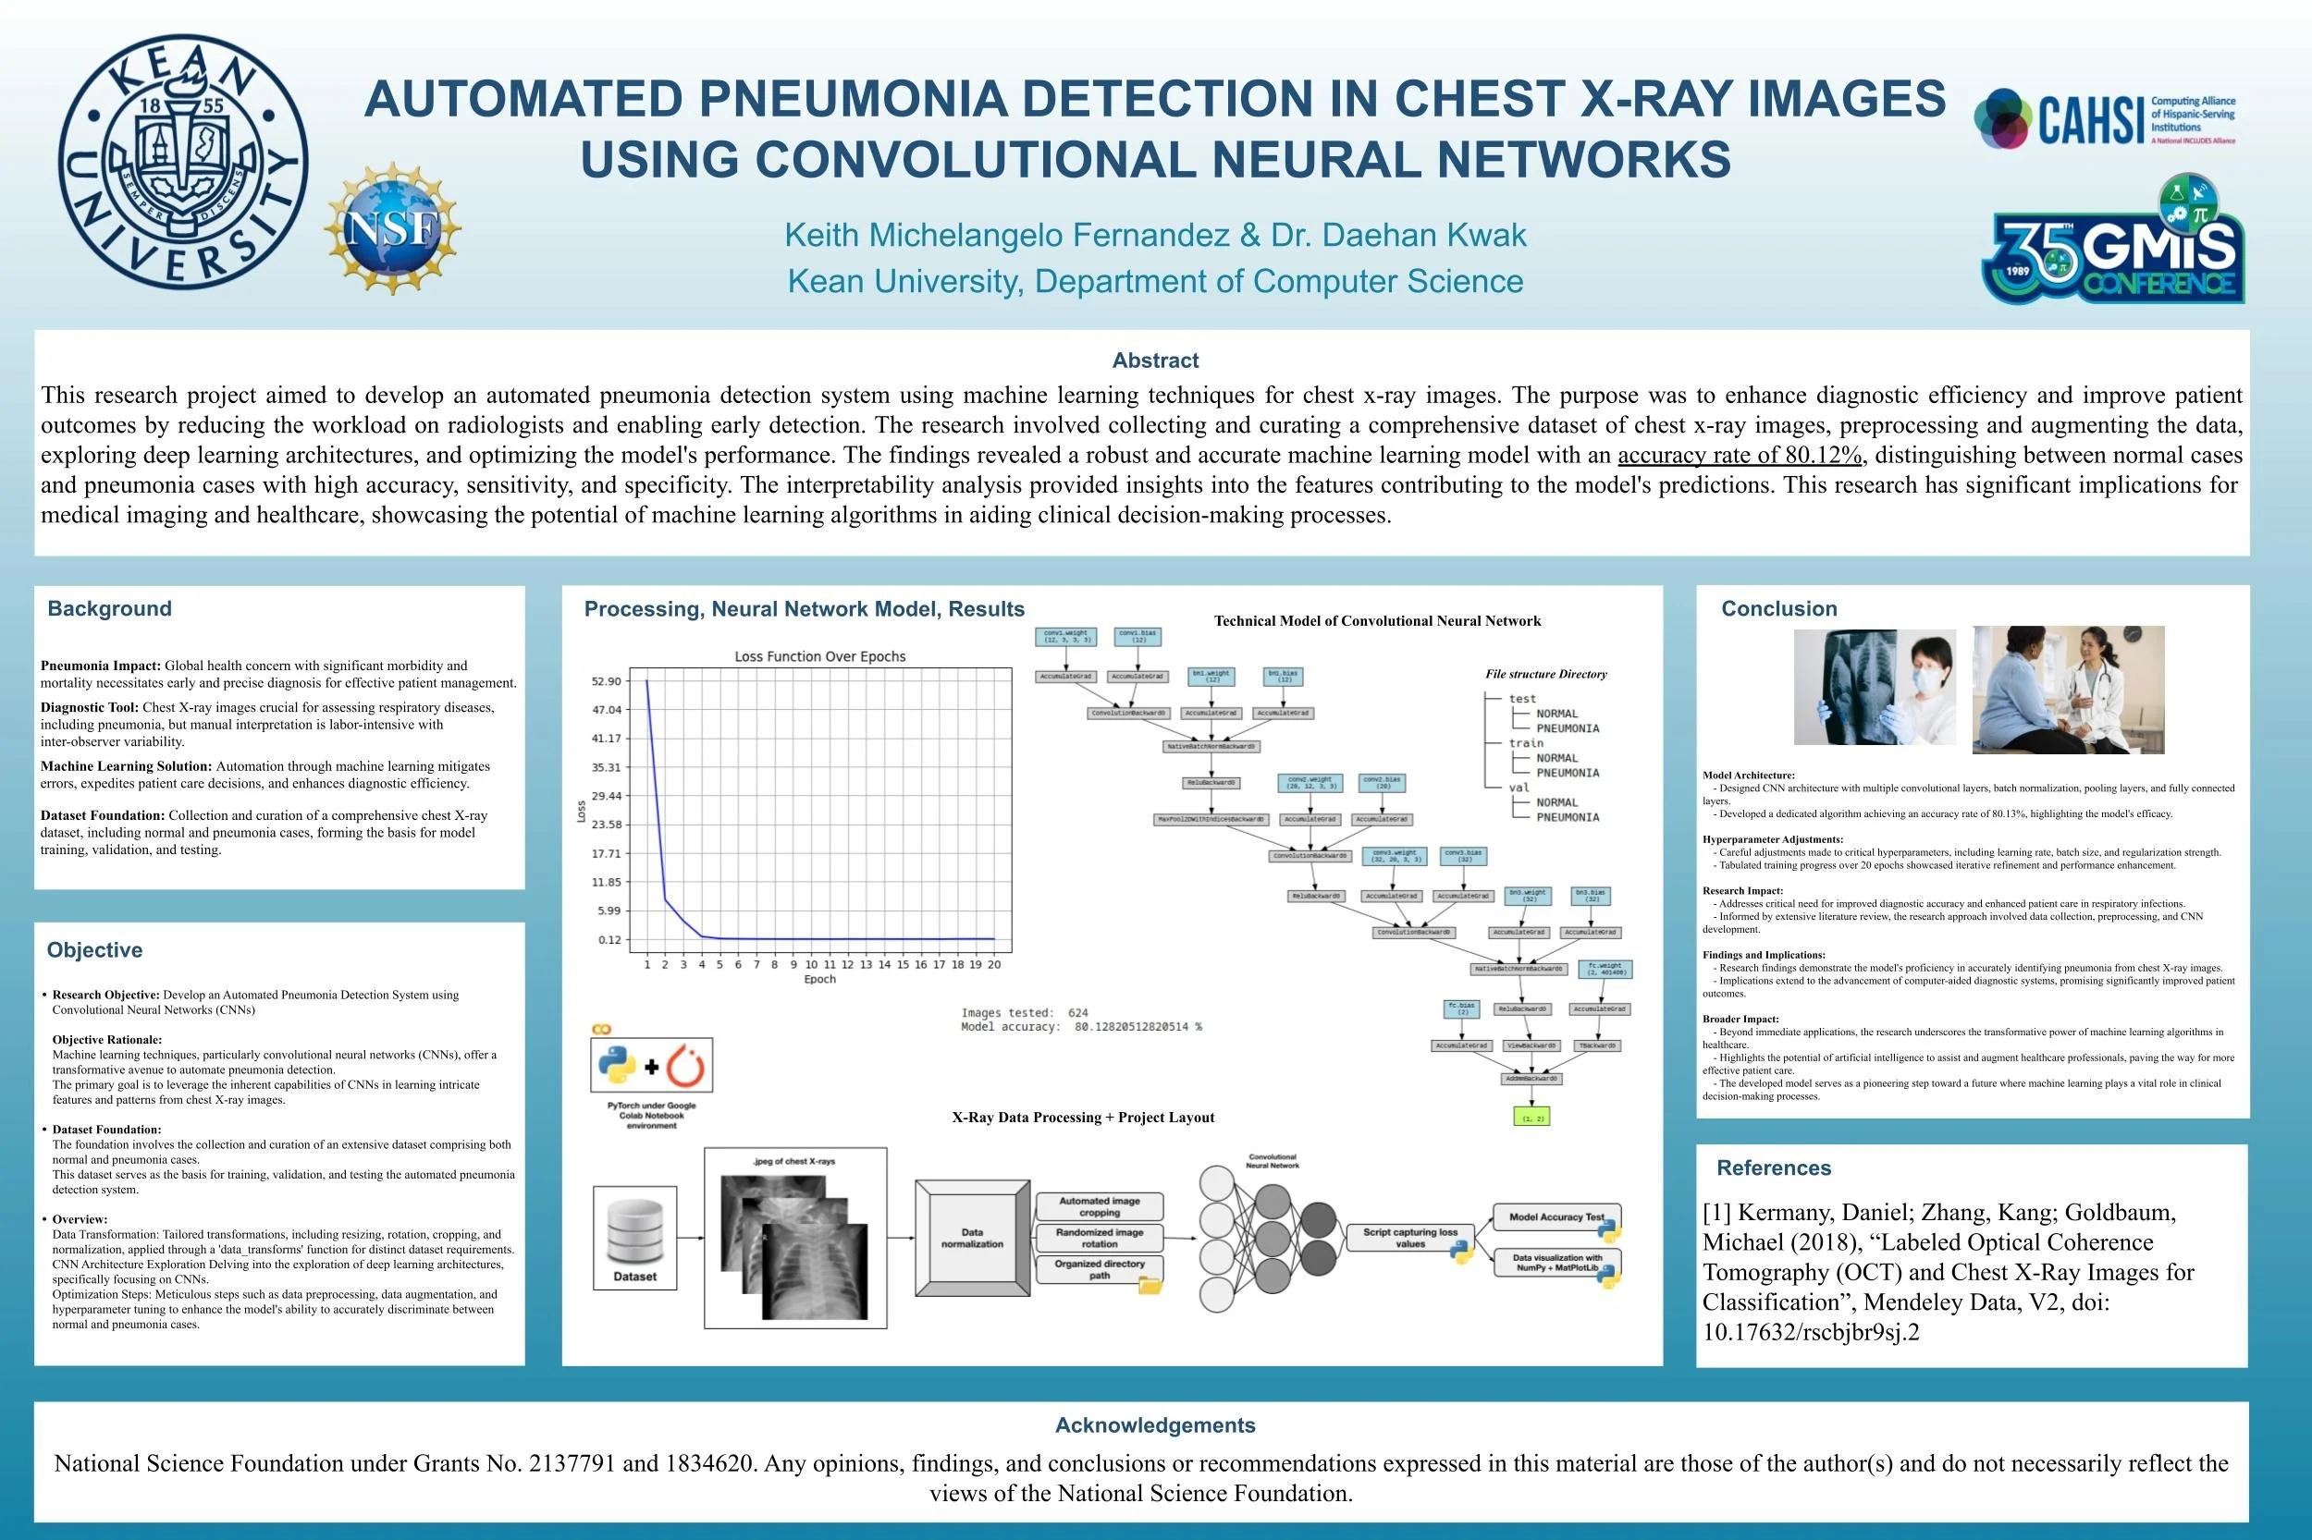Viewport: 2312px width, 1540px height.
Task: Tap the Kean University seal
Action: coord(183,161)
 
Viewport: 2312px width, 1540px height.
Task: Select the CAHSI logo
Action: coord(2104,119)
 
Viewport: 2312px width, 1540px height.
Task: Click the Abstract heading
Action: coord(1154,361)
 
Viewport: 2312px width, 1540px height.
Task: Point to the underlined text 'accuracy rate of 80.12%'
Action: coord(1740,455)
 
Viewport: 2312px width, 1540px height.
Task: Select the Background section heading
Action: coord(109,609)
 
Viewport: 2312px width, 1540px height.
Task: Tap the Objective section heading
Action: coord(94,949)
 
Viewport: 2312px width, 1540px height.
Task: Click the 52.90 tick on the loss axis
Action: coord(607,680)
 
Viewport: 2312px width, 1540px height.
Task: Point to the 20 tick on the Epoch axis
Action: coord(994,964)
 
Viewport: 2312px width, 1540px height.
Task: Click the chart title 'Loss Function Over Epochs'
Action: coord(819,656)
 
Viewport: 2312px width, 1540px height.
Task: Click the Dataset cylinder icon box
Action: coord(634,1238)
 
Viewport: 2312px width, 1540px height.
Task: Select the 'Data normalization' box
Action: coord(972,1238)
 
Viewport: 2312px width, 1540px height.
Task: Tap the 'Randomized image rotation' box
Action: coord(1100,1238)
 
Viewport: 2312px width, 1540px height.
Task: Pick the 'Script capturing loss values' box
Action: coord(1410,1238)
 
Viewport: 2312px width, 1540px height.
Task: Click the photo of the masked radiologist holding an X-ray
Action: coord(1874,688)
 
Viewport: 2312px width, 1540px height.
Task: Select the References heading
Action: coord(1774,1167)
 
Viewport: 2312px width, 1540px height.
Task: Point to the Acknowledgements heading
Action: coord(1154,1425)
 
